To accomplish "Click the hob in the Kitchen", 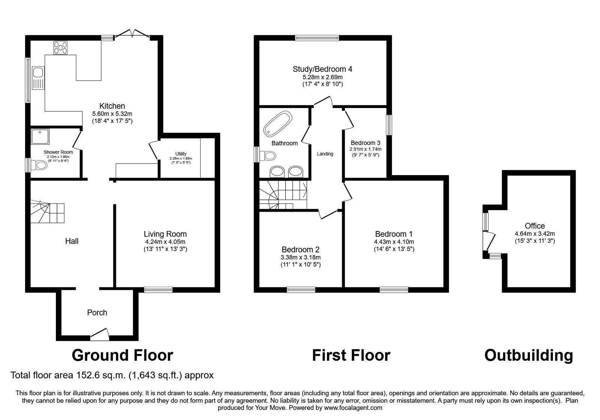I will coord(61,47).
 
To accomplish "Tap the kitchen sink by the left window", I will coord(38,78).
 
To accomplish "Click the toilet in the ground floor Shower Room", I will coord(39,165).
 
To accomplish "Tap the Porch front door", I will coord(100,334).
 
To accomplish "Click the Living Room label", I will coord(165,234).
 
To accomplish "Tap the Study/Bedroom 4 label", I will coord(322,69).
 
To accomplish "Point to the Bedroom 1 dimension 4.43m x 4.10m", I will coord(394,242).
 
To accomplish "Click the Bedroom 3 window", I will coord(389,125).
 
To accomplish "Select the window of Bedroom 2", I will coord(301,289).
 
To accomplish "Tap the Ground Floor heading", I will coord(122,355).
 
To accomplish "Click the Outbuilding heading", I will coord(528,355).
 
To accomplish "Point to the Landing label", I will coord(325,154).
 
